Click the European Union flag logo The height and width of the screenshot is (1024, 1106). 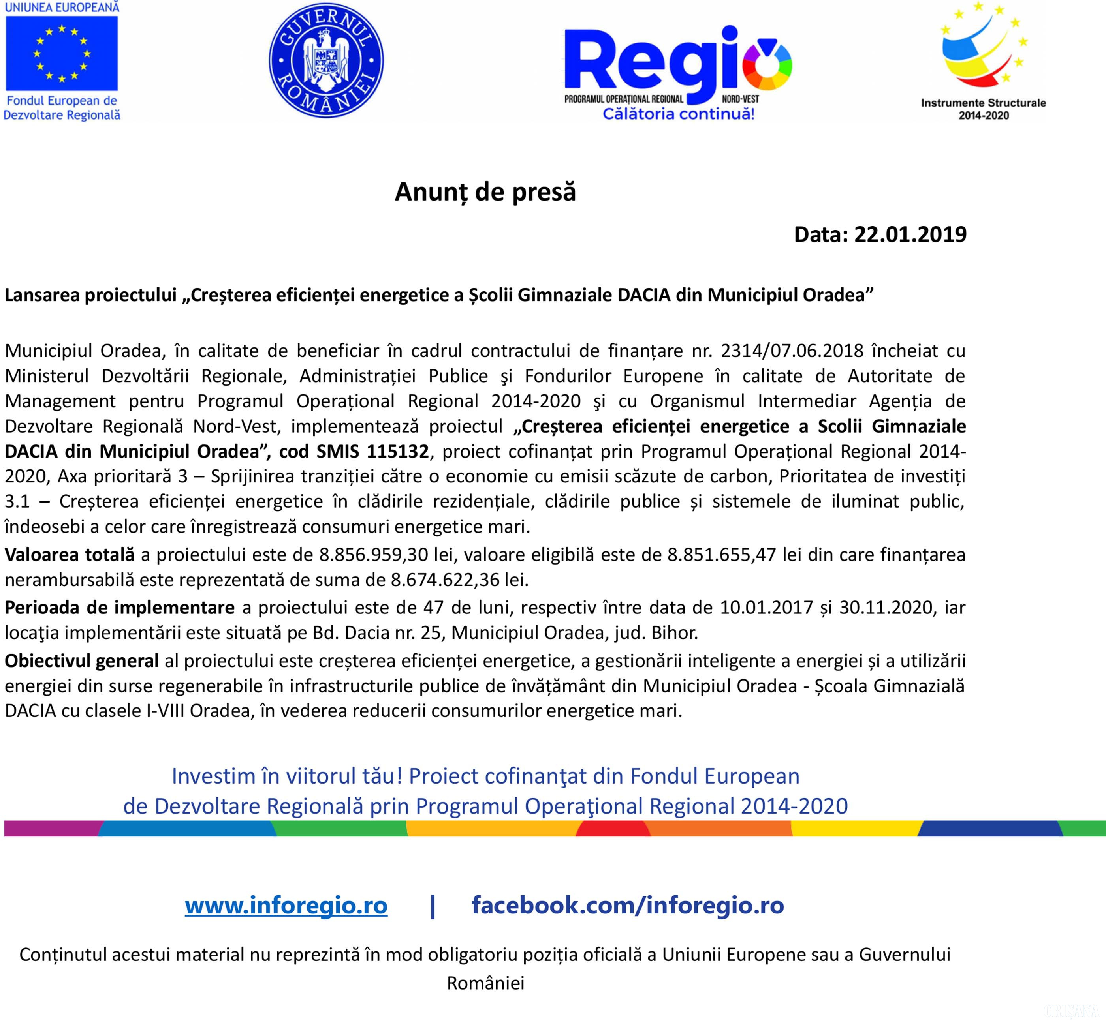(62, 53)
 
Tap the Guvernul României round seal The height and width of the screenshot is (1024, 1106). (326, 61)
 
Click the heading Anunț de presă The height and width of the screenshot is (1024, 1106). (485, 192)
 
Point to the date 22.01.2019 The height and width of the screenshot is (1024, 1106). (910, 234)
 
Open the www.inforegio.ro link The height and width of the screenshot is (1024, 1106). (286, 906)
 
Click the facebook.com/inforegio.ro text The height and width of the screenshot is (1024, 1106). (628, 906)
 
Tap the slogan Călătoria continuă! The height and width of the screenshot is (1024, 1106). (679, 114)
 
